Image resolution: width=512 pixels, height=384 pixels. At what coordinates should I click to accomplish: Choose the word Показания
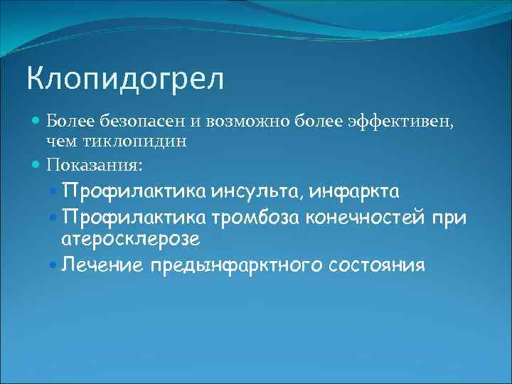[94, 165]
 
